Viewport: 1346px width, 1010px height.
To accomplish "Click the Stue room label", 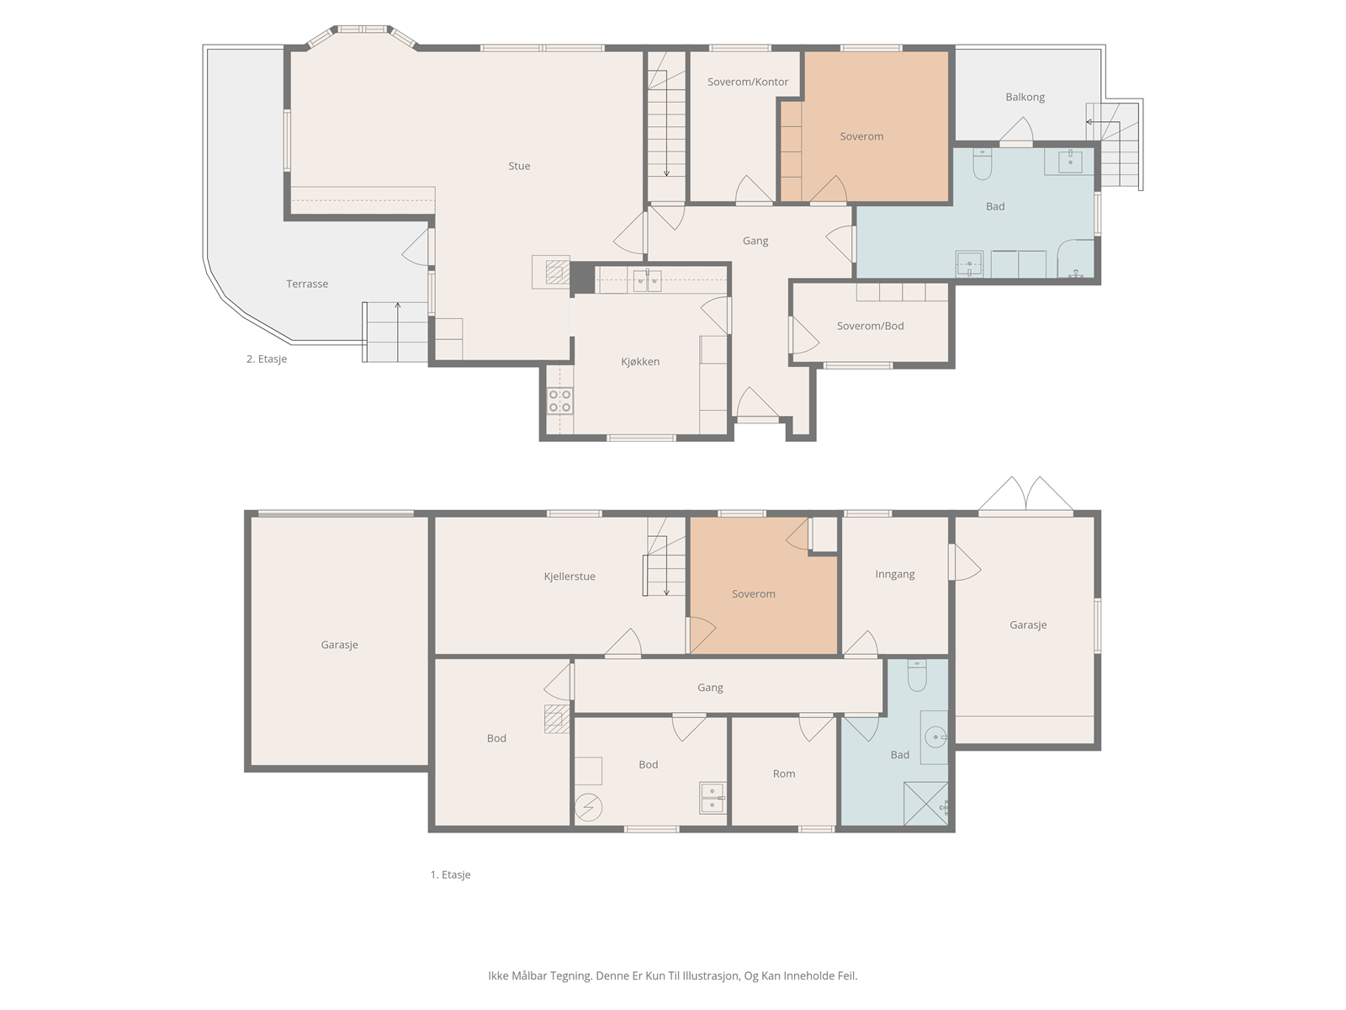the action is (519, 166).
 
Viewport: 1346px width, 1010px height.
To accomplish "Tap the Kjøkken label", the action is (640, 362).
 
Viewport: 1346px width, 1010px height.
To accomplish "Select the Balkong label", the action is (1025, 97).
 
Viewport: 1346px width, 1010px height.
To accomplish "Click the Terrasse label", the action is (307, 284).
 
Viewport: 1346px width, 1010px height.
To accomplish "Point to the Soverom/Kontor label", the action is (748, 82).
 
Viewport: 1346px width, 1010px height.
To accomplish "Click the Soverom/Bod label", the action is (870, 326).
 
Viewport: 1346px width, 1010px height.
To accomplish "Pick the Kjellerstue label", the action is (569, 577).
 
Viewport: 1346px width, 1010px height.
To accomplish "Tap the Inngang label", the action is (895, 574).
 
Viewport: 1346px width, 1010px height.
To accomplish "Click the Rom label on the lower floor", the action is (784, 773).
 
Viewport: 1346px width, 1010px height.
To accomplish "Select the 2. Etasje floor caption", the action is (267, 359).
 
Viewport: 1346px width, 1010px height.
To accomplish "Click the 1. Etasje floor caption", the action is (450, 874).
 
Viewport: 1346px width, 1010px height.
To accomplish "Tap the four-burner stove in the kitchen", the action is (560, 401).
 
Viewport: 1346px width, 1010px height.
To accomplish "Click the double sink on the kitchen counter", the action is (647, 281).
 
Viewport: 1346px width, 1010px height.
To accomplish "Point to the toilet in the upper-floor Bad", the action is (983, 163).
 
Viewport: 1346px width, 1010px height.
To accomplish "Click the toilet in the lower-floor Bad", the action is (917, 675).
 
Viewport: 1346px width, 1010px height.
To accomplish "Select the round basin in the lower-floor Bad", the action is (935, 736).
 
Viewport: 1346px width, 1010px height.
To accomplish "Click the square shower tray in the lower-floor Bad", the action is (926, 803).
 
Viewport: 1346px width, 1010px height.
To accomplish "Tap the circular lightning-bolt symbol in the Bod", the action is (588, 808).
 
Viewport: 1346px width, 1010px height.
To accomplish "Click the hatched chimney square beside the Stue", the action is (557, 272).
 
